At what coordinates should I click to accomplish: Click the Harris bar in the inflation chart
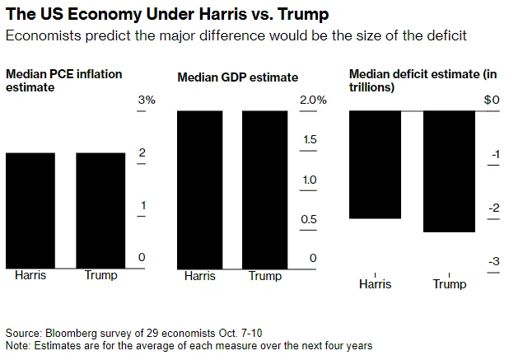tap(30, 209)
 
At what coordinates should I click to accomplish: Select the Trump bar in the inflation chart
tap(101, 209)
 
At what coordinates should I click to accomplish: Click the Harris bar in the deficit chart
tap(375, 164)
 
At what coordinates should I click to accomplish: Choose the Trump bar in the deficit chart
tap(449, 171)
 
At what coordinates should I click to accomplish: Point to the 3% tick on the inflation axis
tap(146, 101)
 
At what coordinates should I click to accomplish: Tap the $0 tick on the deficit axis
tap(492, 101)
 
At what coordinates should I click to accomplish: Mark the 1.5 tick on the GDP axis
tap(310, 140)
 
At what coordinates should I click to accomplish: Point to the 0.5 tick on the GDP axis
tap(310, 219)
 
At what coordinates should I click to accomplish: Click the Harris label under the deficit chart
tap(376, 284)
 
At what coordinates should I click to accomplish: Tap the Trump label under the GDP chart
tap(264, 276)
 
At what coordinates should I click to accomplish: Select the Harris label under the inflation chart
tap(30, 275)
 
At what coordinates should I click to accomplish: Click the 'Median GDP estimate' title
tap(238, 77)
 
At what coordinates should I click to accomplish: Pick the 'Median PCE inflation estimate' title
tap(63, 80)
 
